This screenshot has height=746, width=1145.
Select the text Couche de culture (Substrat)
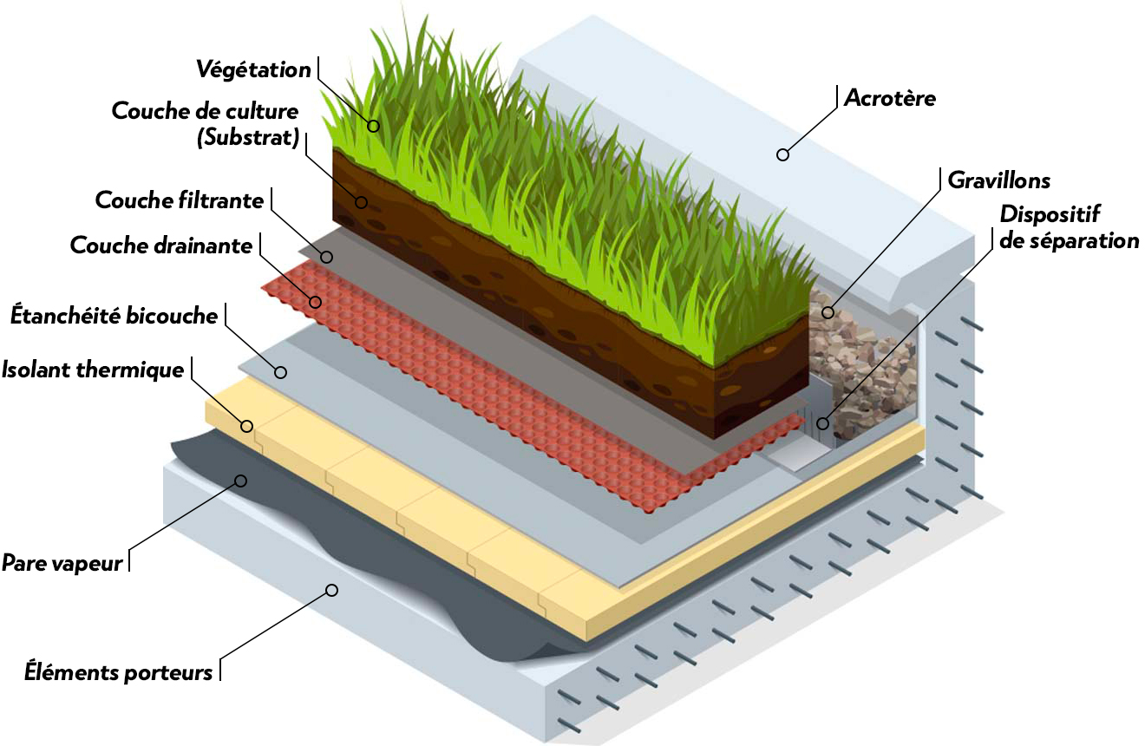tap(206, 124)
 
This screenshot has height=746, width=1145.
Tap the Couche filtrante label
tap(180, 200)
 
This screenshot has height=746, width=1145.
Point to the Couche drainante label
tap(161, 245)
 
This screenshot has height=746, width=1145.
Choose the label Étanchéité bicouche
tap(114, 316)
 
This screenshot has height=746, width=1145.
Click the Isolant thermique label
tap(93, 370)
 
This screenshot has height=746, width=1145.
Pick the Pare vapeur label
tap(62, 562)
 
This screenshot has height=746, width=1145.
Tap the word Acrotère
tap(890, 98)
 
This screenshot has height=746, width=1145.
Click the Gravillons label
tap(999, 180)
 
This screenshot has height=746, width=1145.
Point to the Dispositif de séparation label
tap(1069, 227)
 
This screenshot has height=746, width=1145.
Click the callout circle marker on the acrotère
tap(782, 155)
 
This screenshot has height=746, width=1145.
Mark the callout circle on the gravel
tap(828, 312)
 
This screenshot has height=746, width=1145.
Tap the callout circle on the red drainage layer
tap(316, 302)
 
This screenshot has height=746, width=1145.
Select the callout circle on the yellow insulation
tap(246, 426)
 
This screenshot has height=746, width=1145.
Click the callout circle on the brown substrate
tap(361, 202)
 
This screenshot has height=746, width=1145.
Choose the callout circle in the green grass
tap(374, 126)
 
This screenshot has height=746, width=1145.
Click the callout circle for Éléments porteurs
tap(330, 591)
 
